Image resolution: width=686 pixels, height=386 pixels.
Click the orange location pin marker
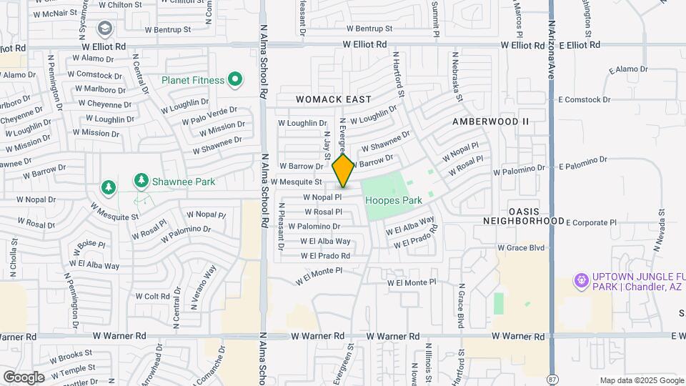click(343, 170)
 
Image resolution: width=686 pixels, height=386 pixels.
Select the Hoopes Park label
click(394, 201)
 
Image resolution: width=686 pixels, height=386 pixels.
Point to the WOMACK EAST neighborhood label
click(334, 99)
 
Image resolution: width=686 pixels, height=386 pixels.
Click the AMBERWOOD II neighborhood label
click(490, 122)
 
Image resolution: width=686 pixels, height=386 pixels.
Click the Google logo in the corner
click(23, 377)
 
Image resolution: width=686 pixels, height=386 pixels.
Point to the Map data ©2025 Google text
click(641, 380)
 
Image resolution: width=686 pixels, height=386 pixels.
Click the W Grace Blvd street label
click(521, 247)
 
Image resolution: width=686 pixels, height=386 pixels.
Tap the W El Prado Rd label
click(325, 255)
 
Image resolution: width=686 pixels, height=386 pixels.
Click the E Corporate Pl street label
click(590, 222)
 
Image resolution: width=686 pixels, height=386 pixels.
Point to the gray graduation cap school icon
click(105, 29)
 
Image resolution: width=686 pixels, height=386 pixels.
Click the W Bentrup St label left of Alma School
click(168, 30)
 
